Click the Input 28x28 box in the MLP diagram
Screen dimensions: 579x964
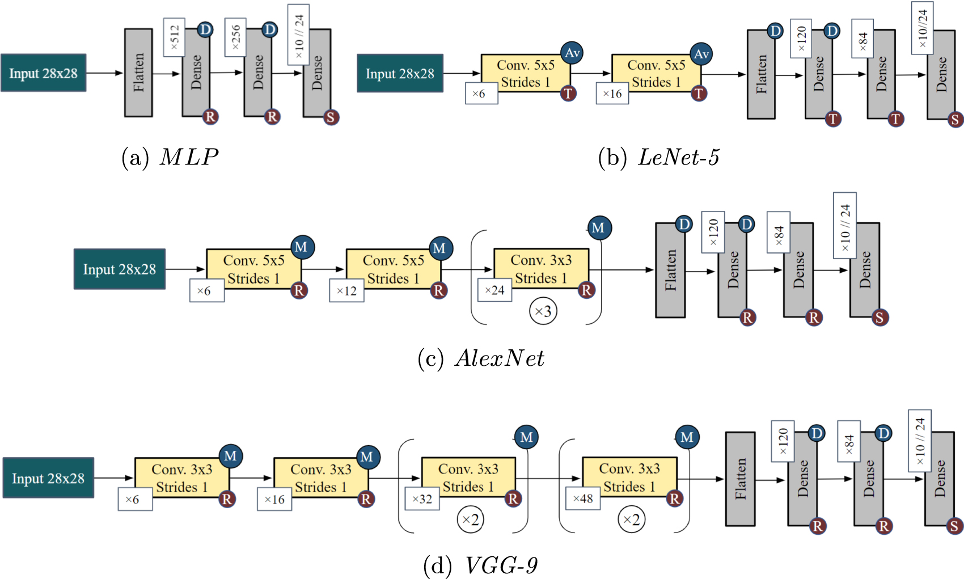[43, 73]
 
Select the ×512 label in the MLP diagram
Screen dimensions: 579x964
[174, 37]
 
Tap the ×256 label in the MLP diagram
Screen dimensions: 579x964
[235, 37]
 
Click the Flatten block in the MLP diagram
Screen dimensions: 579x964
[138, 73]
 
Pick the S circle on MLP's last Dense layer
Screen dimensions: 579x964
[331, 117]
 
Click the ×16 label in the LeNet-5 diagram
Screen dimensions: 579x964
[612, 94]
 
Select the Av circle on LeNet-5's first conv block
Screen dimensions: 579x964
[572, 53]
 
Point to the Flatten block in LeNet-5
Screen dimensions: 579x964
[761, 74]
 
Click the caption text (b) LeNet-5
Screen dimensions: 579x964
[658, 157]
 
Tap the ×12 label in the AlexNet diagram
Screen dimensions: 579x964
[346, 291]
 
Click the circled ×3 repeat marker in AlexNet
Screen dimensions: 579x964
[543, 311]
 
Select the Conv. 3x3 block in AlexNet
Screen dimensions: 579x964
[541, 269]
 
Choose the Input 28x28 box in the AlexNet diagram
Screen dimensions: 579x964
[119, 269]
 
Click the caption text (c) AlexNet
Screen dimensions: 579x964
[481, 358]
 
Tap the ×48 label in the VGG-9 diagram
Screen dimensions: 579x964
[583, 498]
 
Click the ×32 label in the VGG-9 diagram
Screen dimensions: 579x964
[422, 499]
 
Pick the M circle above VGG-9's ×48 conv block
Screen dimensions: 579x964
[687, 437]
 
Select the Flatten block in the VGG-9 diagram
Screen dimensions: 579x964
[740, 479]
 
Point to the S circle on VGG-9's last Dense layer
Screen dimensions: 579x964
[954, 526]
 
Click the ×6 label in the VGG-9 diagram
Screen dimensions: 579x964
[135, 500]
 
